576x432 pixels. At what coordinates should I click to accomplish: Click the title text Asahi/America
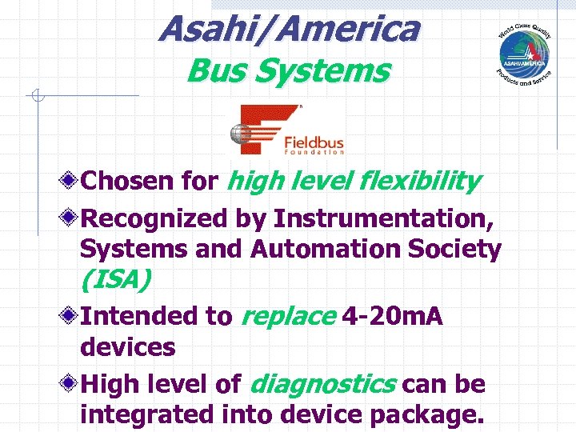coord(289,30)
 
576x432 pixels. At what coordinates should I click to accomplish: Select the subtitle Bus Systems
coord(288,71)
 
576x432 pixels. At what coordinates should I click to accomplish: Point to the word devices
coord(128,348)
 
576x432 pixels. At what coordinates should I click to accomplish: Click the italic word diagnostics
coord(322,384)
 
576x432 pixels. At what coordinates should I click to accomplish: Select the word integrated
coord(147,416)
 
